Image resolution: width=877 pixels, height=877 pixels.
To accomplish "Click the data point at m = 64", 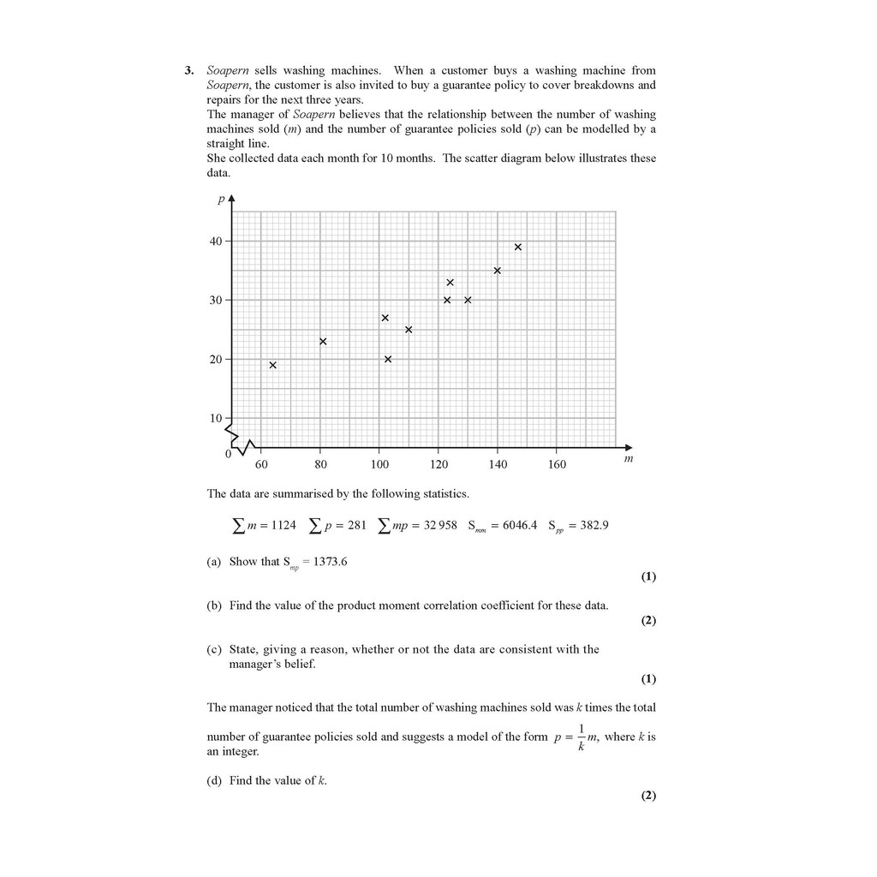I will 272,365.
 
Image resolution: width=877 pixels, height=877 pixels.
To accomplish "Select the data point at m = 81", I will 323,342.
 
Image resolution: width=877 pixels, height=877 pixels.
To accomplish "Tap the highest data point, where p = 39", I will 518,248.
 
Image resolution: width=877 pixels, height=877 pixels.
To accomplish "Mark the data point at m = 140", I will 498,271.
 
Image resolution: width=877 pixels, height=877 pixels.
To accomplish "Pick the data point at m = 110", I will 409,330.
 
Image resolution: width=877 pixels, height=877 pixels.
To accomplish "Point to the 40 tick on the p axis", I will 215,242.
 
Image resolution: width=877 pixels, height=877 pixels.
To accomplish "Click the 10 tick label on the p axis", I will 215,418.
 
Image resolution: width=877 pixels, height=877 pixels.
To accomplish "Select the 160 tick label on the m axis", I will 557,464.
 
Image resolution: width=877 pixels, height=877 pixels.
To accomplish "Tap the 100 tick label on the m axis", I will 379,464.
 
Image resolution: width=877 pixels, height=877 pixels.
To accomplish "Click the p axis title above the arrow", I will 221,200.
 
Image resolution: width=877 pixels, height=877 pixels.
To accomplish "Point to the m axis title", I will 629,459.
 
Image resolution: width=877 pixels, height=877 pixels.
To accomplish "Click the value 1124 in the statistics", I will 283,525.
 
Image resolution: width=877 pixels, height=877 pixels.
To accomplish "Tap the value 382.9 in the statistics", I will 594,525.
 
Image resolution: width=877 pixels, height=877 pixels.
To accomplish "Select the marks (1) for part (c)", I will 648,679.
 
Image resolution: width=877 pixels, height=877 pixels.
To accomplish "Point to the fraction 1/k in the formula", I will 581,737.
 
